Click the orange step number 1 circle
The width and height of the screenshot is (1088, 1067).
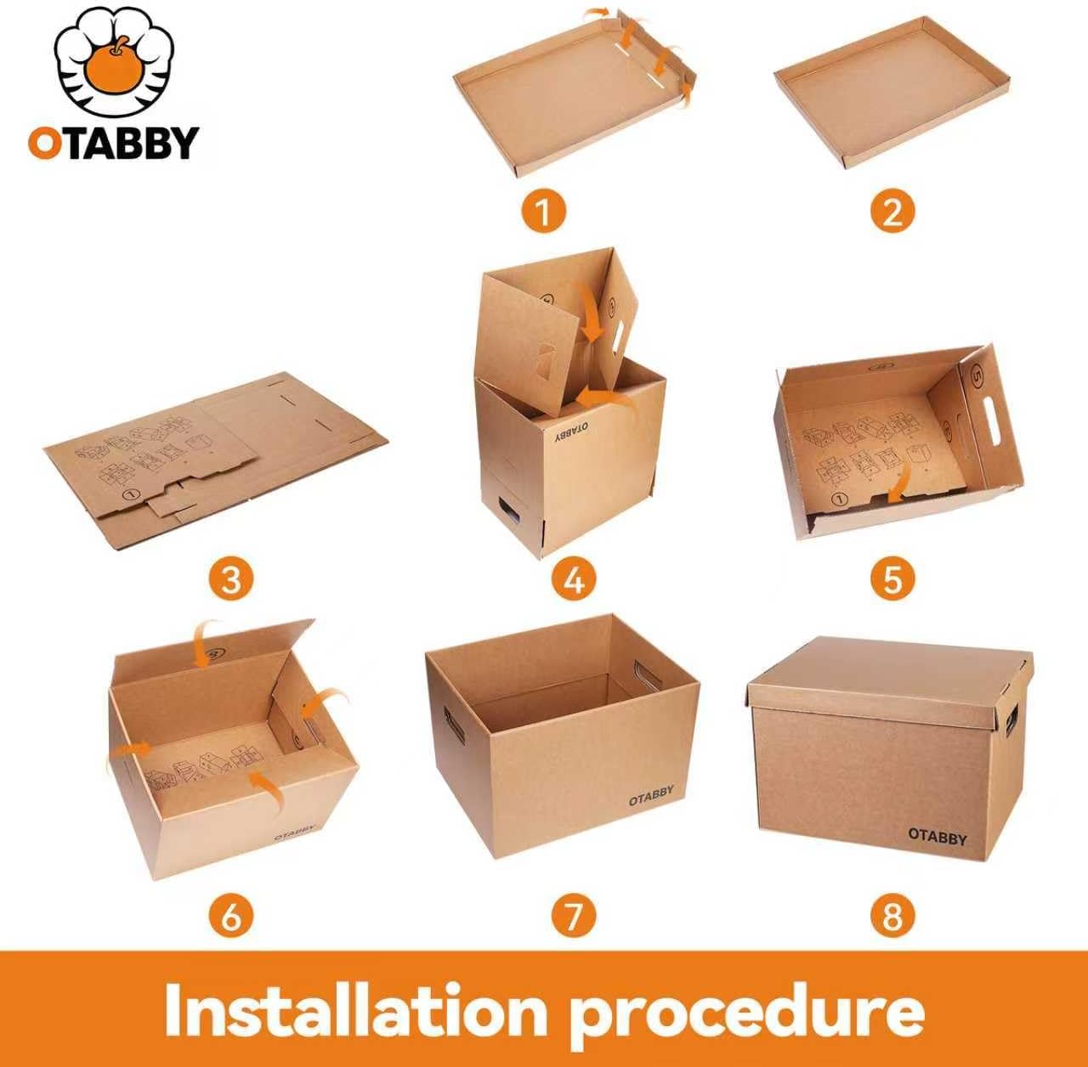point(543,210)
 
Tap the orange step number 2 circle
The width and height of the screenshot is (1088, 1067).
point(892,210)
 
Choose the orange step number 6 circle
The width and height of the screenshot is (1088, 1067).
point(231,915)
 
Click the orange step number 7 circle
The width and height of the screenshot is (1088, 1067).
point(574,915)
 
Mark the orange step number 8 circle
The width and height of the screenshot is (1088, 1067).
point(892,915)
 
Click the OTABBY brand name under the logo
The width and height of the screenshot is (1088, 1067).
point(113,143)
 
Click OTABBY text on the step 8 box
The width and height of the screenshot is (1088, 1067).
point(938,837)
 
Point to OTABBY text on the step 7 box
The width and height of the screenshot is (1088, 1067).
point(651,796)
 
